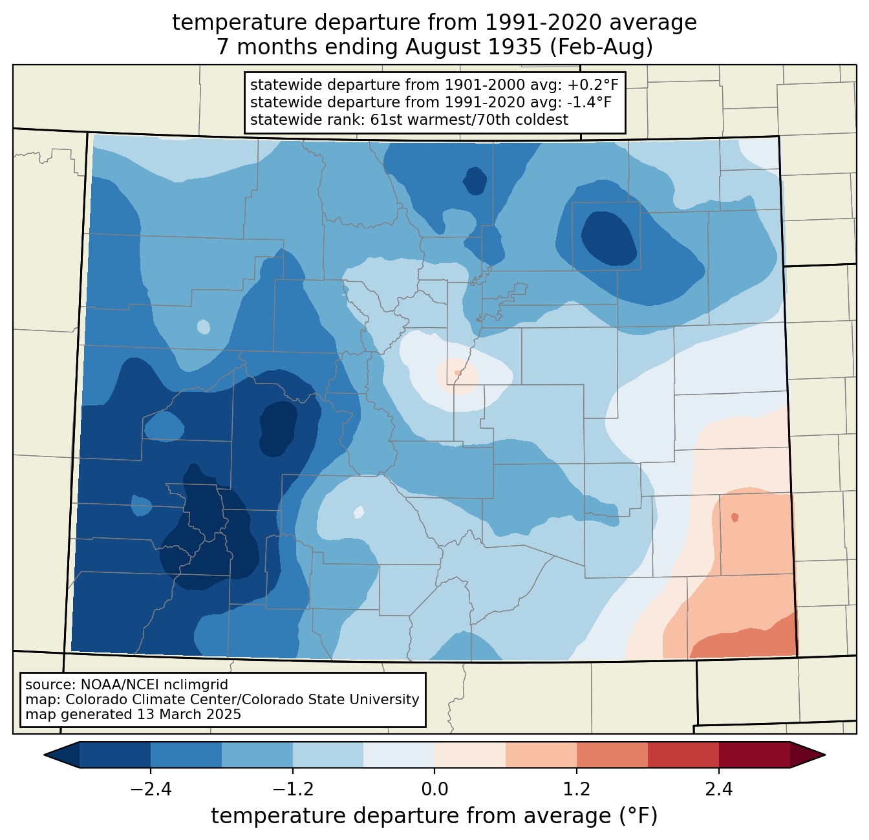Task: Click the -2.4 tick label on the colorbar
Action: [151, 790]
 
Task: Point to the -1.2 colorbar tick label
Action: [293, 790]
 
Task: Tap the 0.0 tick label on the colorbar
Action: [434, 790]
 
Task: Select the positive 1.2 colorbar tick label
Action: [577, 790]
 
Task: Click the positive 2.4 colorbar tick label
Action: [719, 790]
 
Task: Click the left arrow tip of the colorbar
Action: [44, 755]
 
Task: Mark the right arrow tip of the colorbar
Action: [825, 755]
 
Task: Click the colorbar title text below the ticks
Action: [434, 816]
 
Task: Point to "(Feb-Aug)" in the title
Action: [601, 47]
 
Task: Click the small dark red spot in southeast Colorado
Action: [735, 517]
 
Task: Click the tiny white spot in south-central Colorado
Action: [359, 512]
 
